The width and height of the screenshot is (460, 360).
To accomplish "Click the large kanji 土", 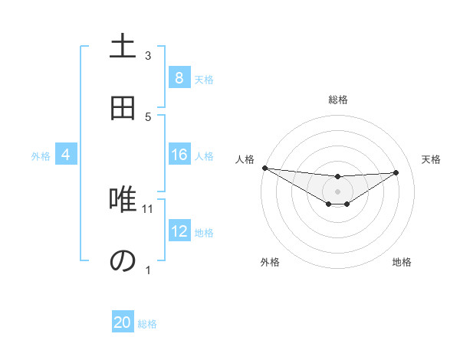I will [123, 47].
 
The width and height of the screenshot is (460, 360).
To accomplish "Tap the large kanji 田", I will [123, 109].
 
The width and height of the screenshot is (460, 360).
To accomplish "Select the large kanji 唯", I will [123, 201].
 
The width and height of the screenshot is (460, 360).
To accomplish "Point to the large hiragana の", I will [123, 261].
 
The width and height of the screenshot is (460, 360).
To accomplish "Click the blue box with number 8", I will [179, 78].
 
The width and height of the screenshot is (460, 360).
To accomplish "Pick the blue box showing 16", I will [179, 155].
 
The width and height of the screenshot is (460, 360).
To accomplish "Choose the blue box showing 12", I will [179, 232].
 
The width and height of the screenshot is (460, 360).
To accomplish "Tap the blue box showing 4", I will [65, 155].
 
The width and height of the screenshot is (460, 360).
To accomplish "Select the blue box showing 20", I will [123, 323].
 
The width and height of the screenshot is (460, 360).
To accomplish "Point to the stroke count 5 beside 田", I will [148, 116].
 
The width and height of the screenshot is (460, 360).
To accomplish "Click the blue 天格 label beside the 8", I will [204, 79].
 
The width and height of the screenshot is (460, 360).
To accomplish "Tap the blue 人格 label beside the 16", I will [204, 156].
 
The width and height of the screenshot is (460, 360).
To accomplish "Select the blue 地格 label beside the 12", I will [204, 233].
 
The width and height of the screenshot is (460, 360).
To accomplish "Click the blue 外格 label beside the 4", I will [41, 156].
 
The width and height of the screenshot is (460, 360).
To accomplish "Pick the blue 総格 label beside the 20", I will [147, 324].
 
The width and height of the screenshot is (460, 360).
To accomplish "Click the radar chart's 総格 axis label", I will [337, 100].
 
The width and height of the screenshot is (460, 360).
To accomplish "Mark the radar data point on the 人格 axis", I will [264, 168].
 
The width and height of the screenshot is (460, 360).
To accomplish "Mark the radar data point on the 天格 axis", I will [396, 172].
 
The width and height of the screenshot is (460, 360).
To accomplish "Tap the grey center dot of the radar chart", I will [337, 191].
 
